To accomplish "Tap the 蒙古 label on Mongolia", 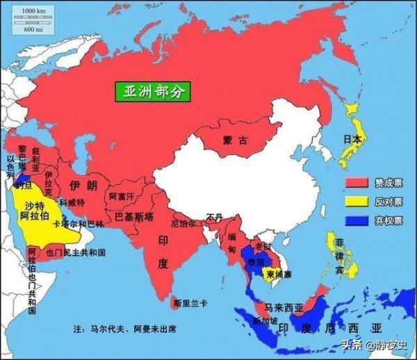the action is tap(235, 140).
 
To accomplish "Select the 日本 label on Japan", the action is tap(353, 139).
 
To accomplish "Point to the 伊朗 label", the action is tap(83, 185).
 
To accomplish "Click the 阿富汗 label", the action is tap(122, 197).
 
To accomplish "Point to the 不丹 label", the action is tap(214, 218).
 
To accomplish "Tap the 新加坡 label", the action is tap(265, 320).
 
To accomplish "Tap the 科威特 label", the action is tap(72, 203).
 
